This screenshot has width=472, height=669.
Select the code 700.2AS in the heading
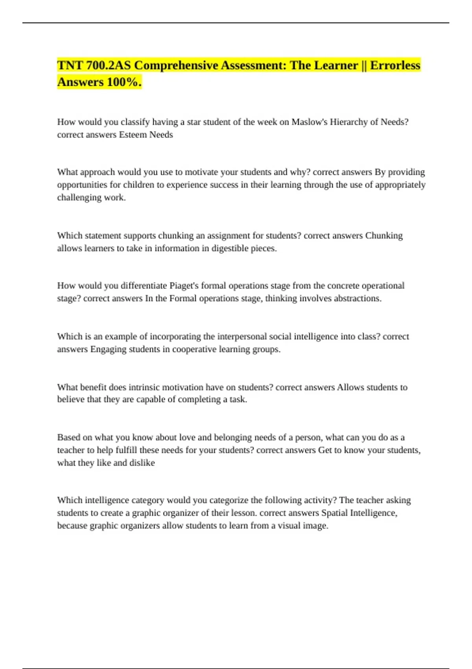click(x=108, y=65)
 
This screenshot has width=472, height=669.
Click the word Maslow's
click(x=309, y=122)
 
